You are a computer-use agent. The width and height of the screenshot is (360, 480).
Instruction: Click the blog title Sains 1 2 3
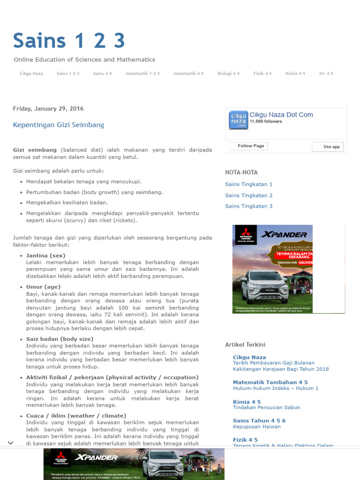click(x=69, y=41)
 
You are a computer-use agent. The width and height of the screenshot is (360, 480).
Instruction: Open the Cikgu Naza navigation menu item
click(x=31, y=74)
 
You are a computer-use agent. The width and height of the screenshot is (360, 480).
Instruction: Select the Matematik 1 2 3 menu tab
click(x=142, y=74)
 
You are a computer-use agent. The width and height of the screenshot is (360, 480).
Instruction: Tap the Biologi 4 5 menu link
click(x=228, y=74)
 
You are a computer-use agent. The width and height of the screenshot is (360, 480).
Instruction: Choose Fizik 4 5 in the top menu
click(x=262, y=74)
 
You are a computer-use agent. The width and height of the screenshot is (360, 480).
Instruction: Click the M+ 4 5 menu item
click(x=326, y=74)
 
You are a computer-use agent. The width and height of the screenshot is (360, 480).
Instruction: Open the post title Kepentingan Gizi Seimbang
click(x=59, y=125)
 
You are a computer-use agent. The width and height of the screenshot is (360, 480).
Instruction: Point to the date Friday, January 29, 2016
click(x=48, y=108)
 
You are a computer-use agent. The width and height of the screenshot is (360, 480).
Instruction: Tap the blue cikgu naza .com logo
click(x=238, y=120)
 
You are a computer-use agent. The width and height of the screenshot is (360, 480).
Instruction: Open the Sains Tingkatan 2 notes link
click(x=248, y=195)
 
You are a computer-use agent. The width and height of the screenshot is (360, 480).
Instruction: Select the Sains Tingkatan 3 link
click(x=248, y=206)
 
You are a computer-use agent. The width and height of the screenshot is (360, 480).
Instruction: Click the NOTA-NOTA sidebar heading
click(x=241, y=172)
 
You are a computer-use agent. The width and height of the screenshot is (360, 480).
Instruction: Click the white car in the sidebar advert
click(x=265, y=286)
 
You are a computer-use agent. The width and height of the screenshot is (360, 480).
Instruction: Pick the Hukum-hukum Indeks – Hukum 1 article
click(x=276, y=388)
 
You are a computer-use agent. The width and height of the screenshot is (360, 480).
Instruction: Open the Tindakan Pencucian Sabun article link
click(x=266, y=407)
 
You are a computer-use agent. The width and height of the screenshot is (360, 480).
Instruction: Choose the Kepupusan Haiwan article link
click(x=257, y=427)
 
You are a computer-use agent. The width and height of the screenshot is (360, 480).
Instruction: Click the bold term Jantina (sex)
click(x=46, y=255)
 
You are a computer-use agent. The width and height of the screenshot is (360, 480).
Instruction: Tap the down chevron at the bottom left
click(x=10, y=443)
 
